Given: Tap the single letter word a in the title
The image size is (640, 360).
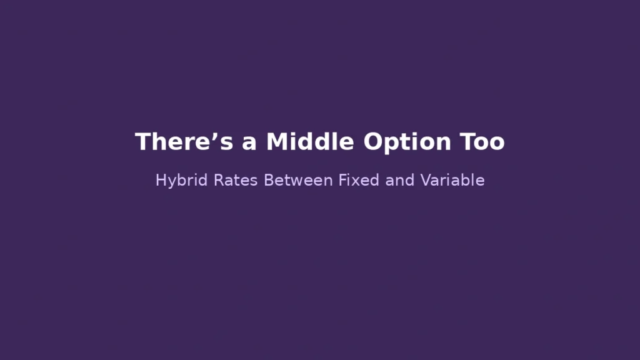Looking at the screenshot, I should [x=250, y=143].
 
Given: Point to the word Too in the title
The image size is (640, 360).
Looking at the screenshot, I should [x=482, y=142].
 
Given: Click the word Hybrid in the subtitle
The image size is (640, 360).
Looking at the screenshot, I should [x=175, y=181].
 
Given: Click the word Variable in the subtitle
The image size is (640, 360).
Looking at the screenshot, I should [x=452, y=181].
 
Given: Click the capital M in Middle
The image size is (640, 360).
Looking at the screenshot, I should [x=277, y=142].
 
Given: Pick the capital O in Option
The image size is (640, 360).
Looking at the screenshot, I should [x=374, y=142].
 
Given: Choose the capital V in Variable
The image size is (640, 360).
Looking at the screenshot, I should [x=426, y=181].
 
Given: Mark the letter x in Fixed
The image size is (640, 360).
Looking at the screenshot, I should [x=356, y=181].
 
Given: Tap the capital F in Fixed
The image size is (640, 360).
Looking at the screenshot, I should [x=342, y=181].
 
